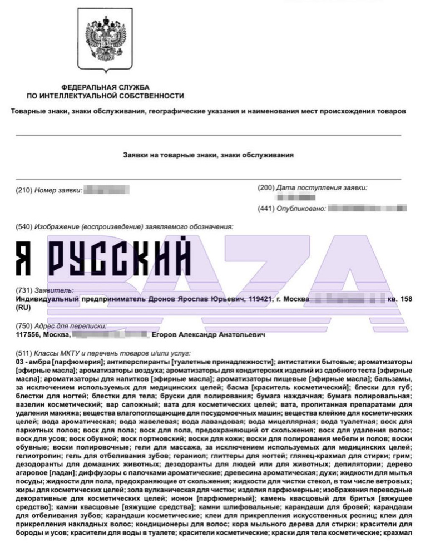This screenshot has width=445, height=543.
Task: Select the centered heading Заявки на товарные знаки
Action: (x=208, y=155)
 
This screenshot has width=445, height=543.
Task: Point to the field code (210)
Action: (x=24, y=191)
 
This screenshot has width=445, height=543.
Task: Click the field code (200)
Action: (x=266, y=188)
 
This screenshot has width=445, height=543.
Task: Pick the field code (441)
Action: (x=266, y=209)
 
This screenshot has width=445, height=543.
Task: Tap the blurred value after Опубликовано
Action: (x=367, y=209)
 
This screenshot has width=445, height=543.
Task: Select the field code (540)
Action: (x=24, y=226)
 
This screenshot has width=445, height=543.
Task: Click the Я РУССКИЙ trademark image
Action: (x=103, y=257)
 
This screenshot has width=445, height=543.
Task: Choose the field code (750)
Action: (x=24, y=327)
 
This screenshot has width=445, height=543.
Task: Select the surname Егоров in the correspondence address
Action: (x=165, y=335)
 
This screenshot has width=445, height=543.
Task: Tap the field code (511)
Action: (x=24, y=353)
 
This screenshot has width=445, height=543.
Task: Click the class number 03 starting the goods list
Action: (x=20, y=362)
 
